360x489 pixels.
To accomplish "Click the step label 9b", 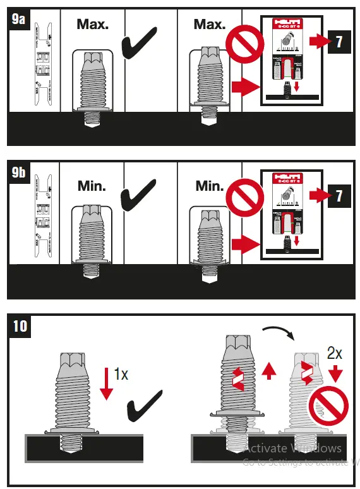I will (20, 171).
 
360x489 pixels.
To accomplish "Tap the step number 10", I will (20, 325).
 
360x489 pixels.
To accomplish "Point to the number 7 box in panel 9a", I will (339, 43).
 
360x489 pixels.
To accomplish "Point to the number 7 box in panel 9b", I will (339, 196).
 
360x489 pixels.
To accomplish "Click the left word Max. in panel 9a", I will (92, 25).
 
